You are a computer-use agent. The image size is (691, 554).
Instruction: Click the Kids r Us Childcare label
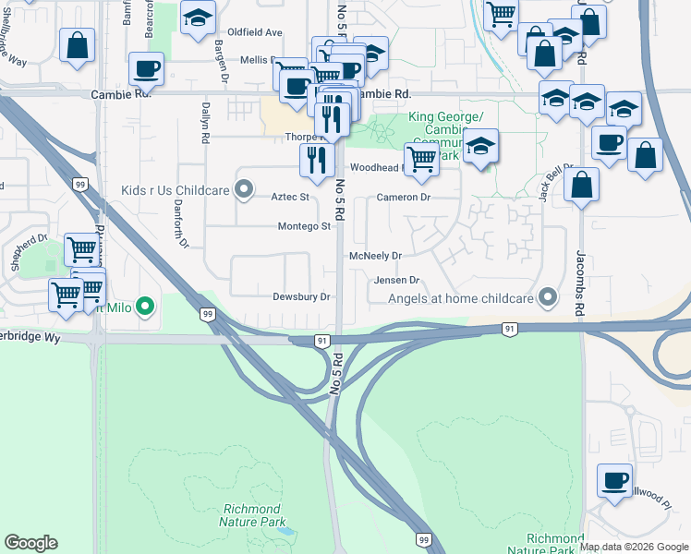click(x=175, y=190)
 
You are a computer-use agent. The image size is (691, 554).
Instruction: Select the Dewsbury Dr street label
click(x=301, y=297)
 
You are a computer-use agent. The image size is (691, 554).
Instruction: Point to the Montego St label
click(x=304, y=226)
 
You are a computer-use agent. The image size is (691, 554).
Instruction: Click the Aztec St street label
click(x=289, y=197)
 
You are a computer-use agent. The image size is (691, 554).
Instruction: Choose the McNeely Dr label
click(x=376, y=256)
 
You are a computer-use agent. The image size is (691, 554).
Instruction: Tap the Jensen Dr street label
click(x=396, y=280)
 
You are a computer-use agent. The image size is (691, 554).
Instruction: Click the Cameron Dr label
click(x=404, y=198)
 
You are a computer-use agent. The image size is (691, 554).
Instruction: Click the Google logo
click(x=30, y=543)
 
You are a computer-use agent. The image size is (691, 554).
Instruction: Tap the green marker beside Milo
click(x=144, y=306)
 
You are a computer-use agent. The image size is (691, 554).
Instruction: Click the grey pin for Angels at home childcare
click(x=548, y=297)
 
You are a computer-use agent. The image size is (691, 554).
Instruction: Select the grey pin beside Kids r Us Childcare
click(x=244, y=190)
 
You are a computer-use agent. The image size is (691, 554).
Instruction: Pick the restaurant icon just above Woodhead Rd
click(x=317, y=159)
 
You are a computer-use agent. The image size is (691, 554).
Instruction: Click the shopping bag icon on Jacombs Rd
click(x=581, y=184)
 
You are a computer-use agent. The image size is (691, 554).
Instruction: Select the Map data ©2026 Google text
click(x=635, y=547)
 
